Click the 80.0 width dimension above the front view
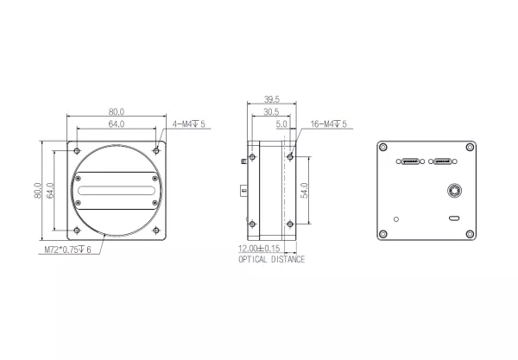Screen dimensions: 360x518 pos(117,111)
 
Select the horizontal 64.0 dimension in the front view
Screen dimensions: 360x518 pos(117,124)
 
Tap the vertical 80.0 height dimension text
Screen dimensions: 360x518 pos(39,187)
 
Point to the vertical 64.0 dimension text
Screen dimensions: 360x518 pos(51,187)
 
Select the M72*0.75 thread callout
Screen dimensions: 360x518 pos(73,249)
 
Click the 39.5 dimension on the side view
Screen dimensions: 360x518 pos(269,99)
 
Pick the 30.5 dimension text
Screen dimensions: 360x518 pos(269,112)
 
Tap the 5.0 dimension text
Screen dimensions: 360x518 pos(281,124)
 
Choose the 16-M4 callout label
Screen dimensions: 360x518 pos(327,124)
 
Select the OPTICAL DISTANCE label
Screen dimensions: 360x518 pos(271,259)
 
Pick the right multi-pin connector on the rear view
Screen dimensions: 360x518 pos(444,161)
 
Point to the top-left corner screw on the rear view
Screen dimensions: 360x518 pos(382,146)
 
